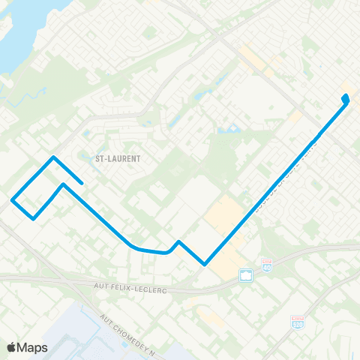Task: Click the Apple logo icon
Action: (13, 347)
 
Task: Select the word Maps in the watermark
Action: (33, 347)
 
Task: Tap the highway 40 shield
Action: (266, 265)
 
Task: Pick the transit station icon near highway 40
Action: (244, 275)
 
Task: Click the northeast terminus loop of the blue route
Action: (345, 97)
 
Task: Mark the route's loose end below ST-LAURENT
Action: (81, 183)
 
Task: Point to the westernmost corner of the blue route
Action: (12, 199)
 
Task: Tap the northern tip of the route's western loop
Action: (53, 157)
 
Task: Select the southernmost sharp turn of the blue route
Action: (204, 264)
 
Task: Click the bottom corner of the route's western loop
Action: (34, 219)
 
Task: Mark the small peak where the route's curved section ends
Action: (178, 241)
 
